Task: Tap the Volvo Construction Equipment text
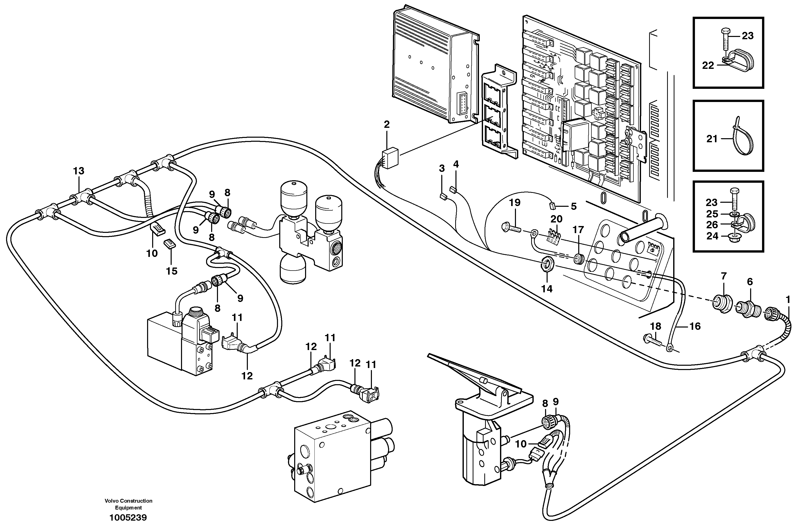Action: [x=128, y=504]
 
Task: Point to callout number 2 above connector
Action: [x=387, y=124]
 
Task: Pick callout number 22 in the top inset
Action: [x=708, y=65]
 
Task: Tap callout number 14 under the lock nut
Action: [x=547, y=289]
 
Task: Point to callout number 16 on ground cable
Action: [x=695, y=326]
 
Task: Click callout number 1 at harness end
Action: [x=788, y=299]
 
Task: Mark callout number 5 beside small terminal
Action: [x=573, y=206]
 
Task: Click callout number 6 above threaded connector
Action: [x=750, y=282]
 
